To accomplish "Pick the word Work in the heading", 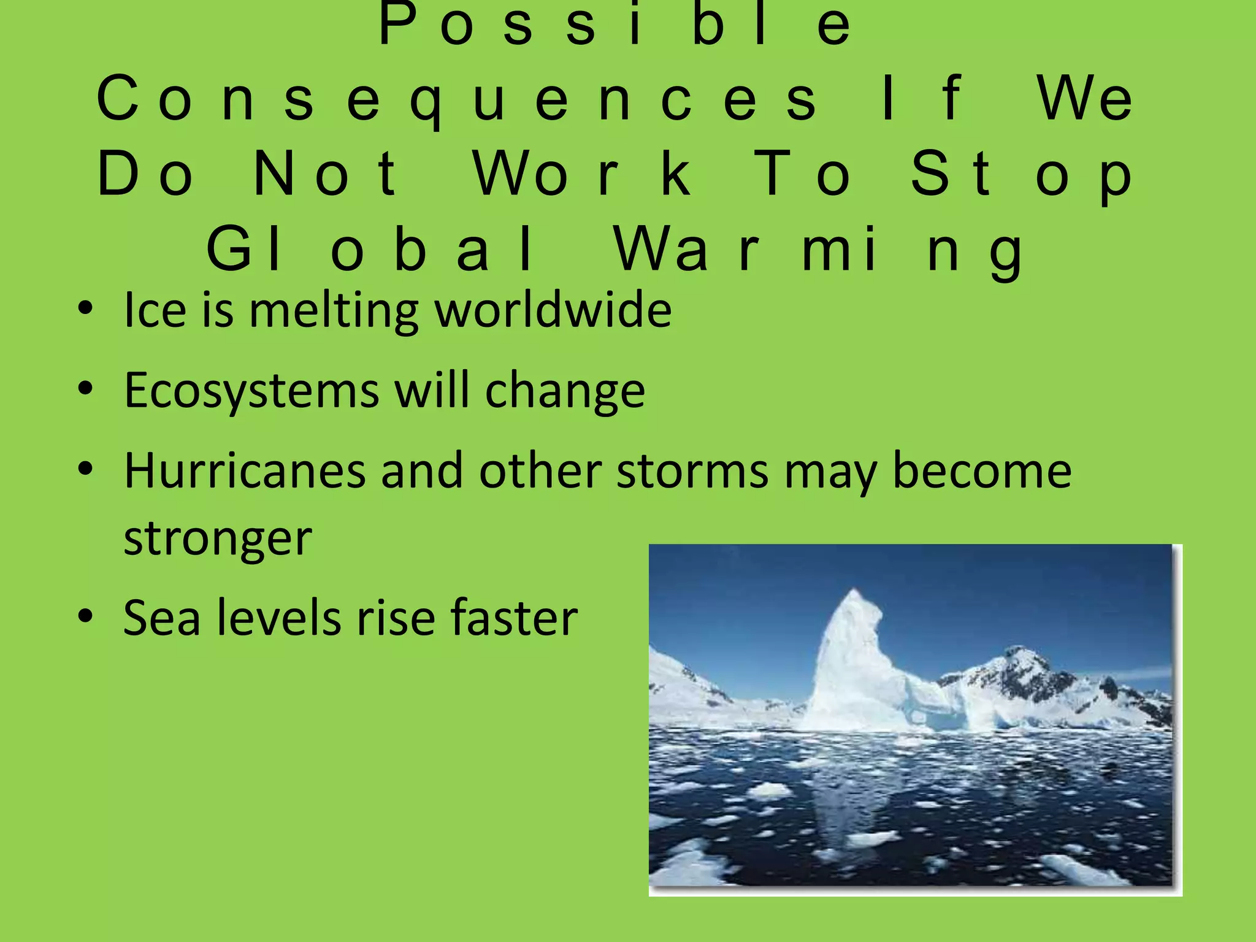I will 583,175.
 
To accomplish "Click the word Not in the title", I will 326,175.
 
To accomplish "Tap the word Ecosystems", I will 251,391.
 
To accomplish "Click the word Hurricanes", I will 245,471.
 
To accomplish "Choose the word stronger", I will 218,538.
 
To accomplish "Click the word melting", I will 334,310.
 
